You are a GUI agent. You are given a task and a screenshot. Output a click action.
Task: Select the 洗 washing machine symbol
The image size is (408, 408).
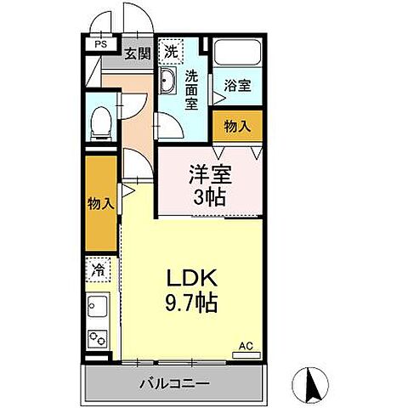pos(173,51)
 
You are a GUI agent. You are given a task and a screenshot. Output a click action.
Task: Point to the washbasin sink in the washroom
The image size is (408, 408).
pos(167,83)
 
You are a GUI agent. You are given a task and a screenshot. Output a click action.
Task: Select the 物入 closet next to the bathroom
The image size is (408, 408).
pos(237,126)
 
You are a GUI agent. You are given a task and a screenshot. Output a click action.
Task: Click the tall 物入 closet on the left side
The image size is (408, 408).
pos(101,204)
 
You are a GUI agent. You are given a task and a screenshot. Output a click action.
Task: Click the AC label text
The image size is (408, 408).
pos(246,347)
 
